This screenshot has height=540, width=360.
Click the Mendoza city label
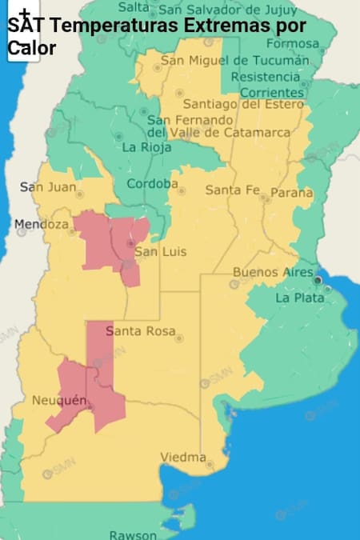pyautogui.click(x=42, y=224)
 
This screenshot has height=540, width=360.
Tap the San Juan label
pyautogui.click(x=48, y=187)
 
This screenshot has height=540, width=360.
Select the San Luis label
pyautogui.click(x=159, y=252)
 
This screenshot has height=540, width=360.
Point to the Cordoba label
pyautogui.click(x=152, y=184)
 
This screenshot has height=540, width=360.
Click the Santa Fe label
pyautogui.click(x=232, y=190)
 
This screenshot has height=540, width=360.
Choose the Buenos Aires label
pyautogui.click(x=273, y=272)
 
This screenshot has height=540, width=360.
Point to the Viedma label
pyautogui.click(x=182, y=457)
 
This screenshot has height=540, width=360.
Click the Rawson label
pyautogui.click(x=133, y=534)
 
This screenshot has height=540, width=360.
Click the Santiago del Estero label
pyautogui.click(x=243, y=104)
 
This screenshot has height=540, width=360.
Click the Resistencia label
pyautogui.click(x=265, y=77)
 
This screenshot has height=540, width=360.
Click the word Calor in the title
pyautogui.click(x=32, y=48)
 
